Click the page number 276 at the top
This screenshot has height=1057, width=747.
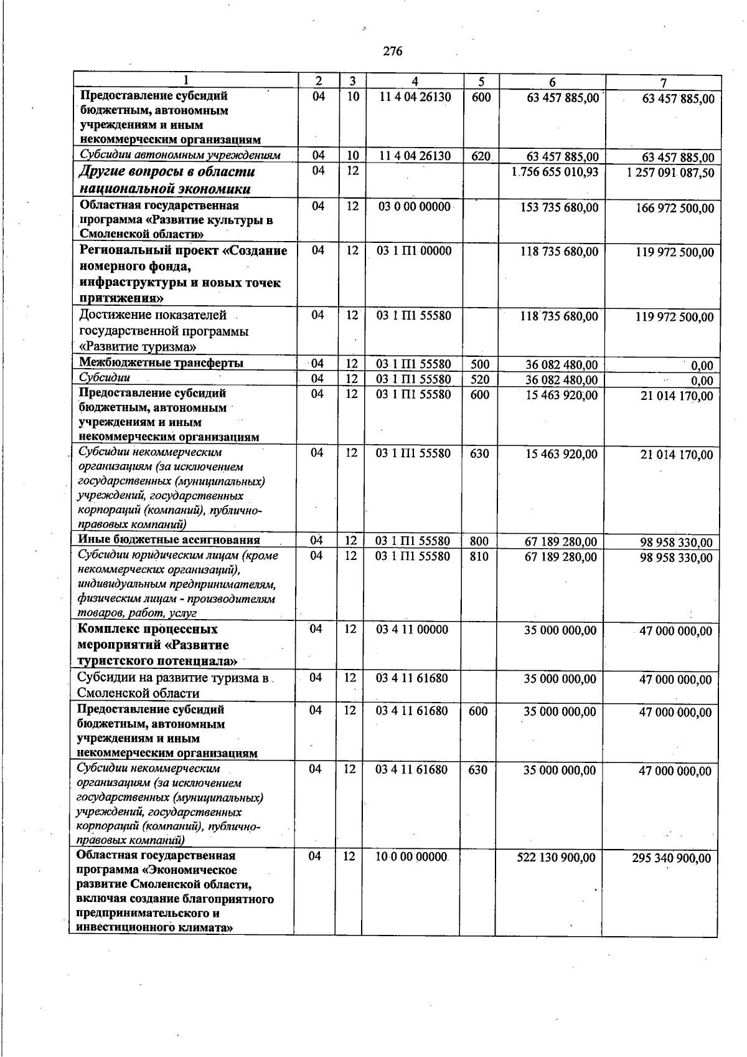click(x=393, y=51)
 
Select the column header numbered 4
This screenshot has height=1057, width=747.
click(x=415, y=82)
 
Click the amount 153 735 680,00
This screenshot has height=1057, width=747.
click(x=559, y=207)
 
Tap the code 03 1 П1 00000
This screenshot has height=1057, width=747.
click(x=414, y=251)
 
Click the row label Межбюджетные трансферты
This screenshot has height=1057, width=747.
click(x=161, y=363)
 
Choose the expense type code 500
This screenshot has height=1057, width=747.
click(x=480, y=364)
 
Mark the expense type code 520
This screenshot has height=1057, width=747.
click(x=480, y=379)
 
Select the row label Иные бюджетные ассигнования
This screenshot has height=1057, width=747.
click(x=169, y=540)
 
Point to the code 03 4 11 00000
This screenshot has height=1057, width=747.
click(x=412, y=630)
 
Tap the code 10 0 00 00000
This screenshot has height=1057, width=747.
click(x=411, y=857)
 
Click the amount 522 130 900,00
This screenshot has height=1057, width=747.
click(x=556, y=858)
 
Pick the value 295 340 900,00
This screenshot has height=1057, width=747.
click(x=671, y=858)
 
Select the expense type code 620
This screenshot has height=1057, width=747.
click(x=481, y=156)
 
